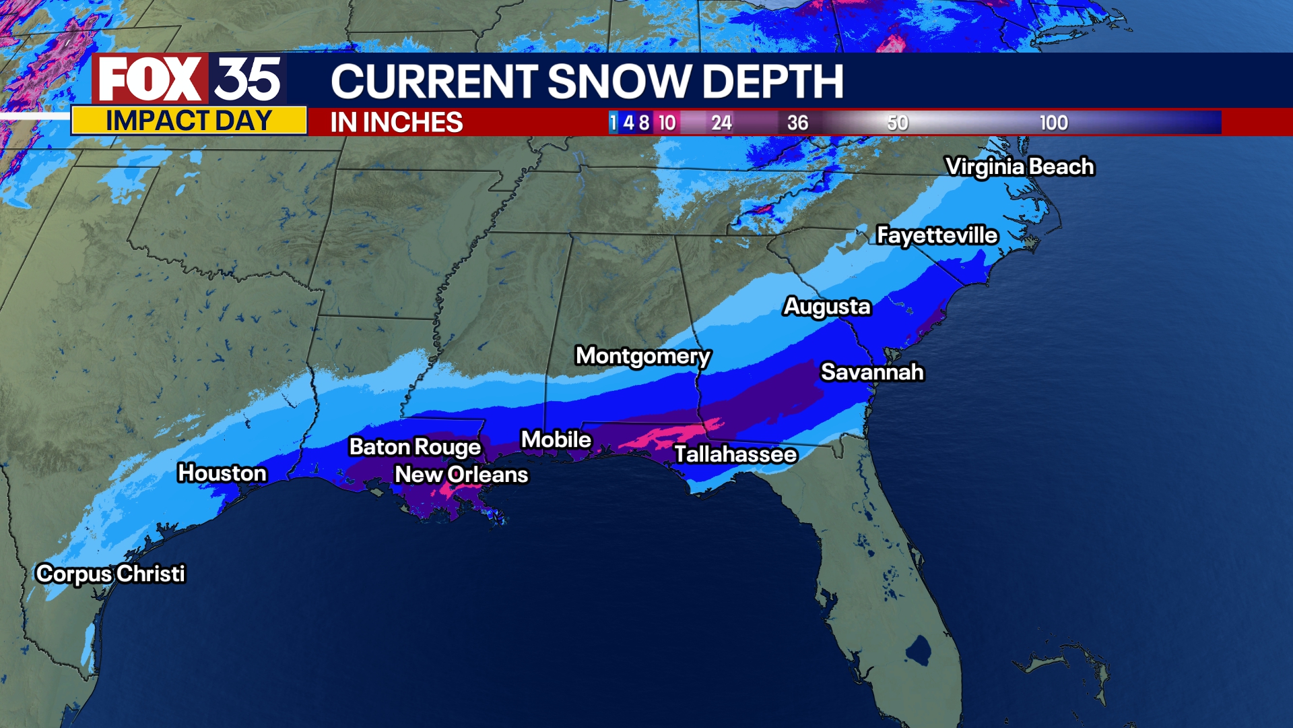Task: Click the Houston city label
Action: coord(222,473)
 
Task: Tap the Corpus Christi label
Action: coord(110,574)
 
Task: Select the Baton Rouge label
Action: coord(415,447)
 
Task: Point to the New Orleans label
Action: coord(461,475)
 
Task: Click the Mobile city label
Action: coord(556,439)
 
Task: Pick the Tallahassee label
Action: coord(735,454)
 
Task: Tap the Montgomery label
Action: coord(642,355)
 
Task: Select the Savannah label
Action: coord(872,372)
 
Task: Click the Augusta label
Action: coord(827,306)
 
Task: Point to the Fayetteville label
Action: coord(937,235)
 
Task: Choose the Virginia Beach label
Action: coord(1020,166)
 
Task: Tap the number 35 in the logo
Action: coord(248,80)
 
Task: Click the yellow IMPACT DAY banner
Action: coord(189,121)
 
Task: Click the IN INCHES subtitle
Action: coord(396,123)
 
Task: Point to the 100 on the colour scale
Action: coord(1053,123)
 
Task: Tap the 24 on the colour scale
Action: coord(721,123)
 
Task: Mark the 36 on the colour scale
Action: coord(797,123)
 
